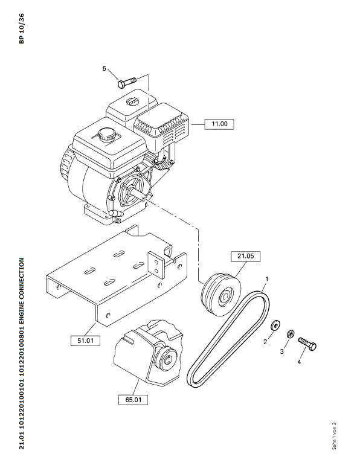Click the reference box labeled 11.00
click(x=219, y=124)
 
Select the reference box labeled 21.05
click(x=245, y=256)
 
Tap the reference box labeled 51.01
click(x=85, y=341)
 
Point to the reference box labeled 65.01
click(x=133, y=400)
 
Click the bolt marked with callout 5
click(x=127, y=82)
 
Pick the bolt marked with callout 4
click(x=307, y=344)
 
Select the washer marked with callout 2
click(x=275, y=325)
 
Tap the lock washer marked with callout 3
click(x=291, y=334)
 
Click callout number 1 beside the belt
click(x=266, y=280)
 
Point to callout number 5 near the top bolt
click(x=104, y=69)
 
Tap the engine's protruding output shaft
click(x=141, y=194)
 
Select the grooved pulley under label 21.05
click(x=221, y=295)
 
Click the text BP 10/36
click(x=21, y=29)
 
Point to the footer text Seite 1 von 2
click(x=334, y=436)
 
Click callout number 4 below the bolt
click(x=299, y=362)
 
